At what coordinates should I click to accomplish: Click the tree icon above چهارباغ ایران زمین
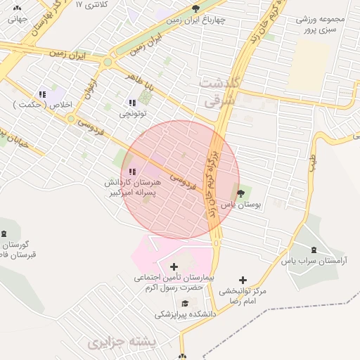coord(195,8)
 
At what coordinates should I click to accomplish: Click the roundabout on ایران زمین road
coord(107,62)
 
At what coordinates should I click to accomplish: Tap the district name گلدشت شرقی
coord(221,92)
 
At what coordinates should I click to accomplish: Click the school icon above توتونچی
coord(132,103)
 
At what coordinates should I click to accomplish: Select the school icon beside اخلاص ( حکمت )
coord(42,94)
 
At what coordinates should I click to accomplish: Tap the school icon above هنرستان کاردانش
coord(132,172)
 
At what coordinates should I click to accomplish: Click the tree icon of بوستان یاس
coord(241,193)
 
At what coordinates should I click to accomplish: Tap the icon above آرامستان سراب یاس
coord(313,250)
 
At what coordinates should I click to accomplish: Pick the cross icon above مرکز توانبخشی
coord(243,280)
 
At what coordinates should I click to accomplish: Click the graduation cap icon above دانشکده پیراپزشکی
coord(184,304)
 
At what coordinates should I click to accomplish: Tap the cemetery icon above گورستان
coord(6,233)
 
